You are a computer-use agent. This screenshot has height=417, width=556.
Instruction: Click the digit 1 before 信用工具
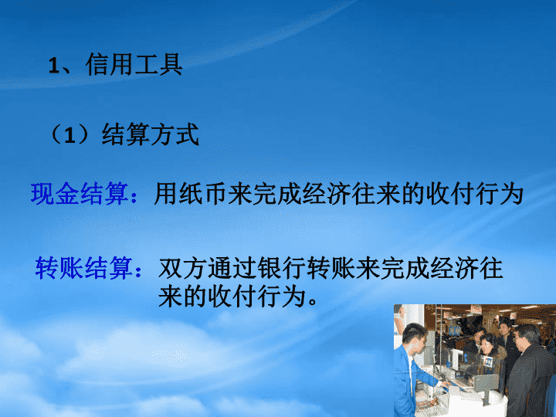pos(54,66)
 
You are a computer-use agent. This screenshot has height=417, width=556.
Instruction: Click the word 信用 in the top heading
pos(109,64)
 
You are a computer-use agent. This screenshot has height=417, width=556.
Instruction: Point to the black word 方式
pos(175,134)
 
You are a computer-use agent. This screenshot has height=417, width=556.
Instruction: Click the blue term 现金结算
pos(80,194)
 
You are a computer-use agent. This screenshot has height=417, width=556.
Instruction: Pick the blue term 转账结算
pos(84,268)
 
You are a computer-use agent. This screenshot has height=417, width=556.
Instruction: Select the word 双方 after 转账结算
pos(182,268)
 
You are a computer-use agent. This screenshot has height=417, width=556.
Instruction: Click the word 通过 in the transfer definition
pos(232,268)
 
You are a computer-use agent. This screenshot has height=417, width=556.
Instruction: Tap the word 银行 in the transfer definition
pos(281,268)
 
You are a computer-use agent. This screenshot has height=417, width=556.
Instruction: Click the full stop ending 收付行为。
pos(313,302)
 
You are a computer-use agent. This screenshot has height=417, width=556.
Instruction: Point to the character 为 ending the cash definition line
pos(511,194)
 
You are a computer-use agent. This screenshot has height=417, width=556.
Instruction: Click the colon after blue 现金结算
pos(134,196)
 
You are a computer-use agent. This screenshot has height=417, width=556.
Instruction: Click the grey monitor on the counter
pos(486,383)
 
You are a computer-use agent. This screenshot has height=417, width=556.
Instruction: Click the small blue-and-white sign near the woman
pos(487,361)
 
